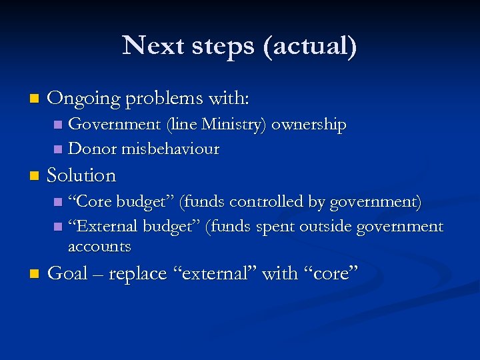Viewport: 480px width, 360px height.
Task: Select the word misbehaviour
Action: pyautogui.click(x=170, y=149)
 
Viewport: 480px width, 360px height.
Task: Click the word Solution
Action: pyautogui.click(x=82, y=176)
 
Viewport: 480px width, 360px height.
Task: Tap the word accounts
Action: pyautogui.click(x=99, y=247)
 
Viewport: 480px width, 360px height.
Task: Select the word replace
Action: pyautogui.click(x=133, y=274)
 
